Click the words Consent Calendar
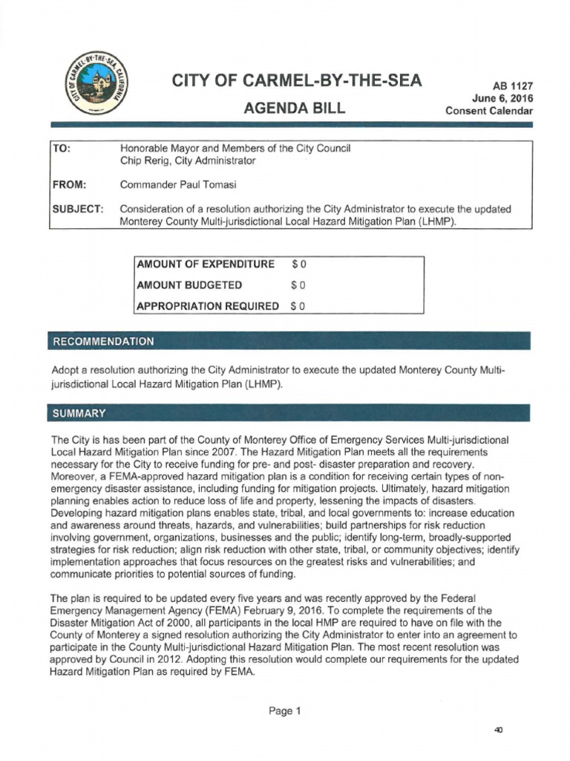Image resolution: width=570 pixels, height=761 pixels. tap(489, 111)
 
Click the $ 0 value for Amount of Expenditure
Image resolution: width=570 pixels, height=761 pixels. tap(298, 264)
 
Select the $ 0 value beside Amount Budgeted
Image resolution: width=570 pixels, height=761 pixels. tap(298, 285)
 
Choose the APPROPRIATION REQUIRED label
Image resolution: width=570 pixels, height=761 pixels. tap(208, 305)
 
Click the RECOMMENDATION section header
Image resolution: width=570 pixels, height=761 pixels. tap(102, 341)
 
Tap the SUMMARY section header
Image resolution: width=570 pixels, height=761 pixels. tap(79, 412)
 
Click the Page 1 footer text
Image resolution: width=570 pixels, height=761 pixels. tap(285, 710)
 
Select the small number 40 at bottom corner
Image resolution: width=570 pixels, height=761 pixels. tap(499, 731)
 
